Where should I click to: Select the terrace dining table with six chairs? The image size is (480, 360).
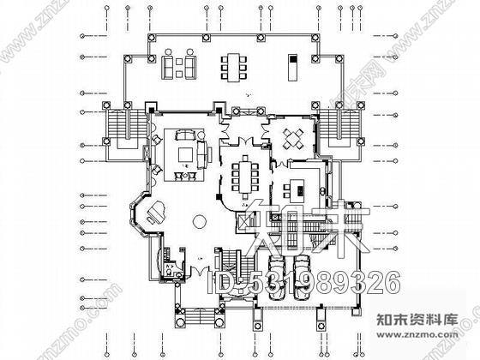[232, 66]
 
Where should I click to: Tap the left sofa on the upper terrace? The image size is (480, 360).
[166, 67]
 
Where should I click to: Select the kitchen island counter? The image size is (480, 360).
[300, 189]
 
